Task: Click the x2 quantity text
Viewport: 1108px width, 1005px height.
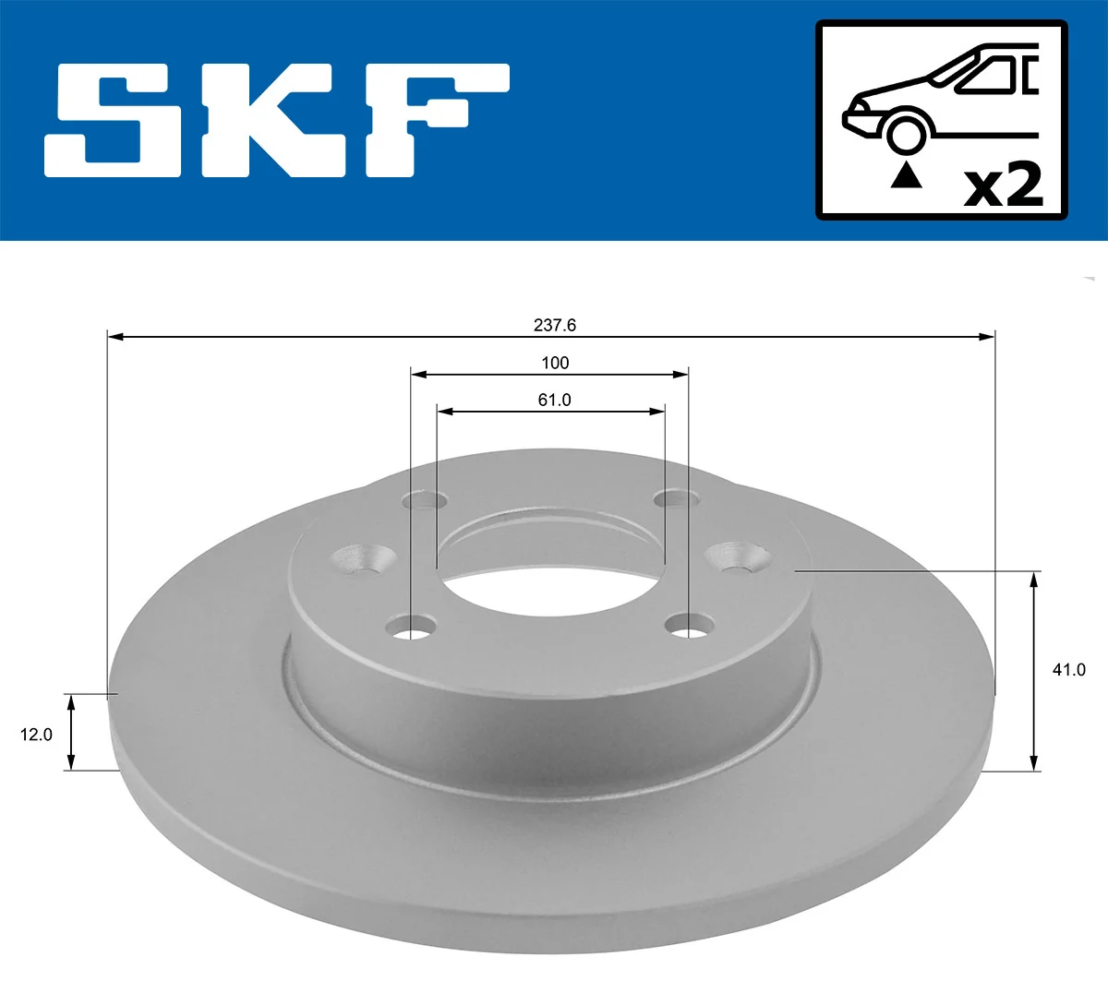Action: (1003, 185)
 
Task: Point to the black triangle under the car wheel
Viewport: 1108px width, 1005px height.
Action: (906, 174)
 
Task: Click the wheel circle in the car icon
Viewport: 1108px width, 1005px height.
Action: (906, 132)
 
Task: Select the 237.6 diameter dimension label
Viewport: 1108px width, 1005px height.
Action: (555, 325)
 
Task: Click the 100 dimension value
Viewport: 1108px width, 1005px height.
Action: (555, 363)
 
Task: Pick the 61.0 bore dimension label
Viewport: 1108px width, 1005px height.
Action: (555, 400)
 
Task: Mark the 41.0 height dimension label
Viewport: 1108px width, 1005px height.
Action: (1068, 670)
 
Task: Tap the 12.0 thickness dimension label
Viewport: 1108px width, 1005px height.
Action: (37, 735)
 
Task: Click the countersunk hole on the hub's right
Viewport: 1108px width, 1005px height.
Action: (739, 556)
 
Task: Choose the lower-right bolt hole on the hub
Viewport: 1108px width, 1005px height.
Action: (688, 628)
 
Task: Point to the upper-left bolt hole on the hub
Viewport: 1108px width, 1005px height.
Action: (426, 501)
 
